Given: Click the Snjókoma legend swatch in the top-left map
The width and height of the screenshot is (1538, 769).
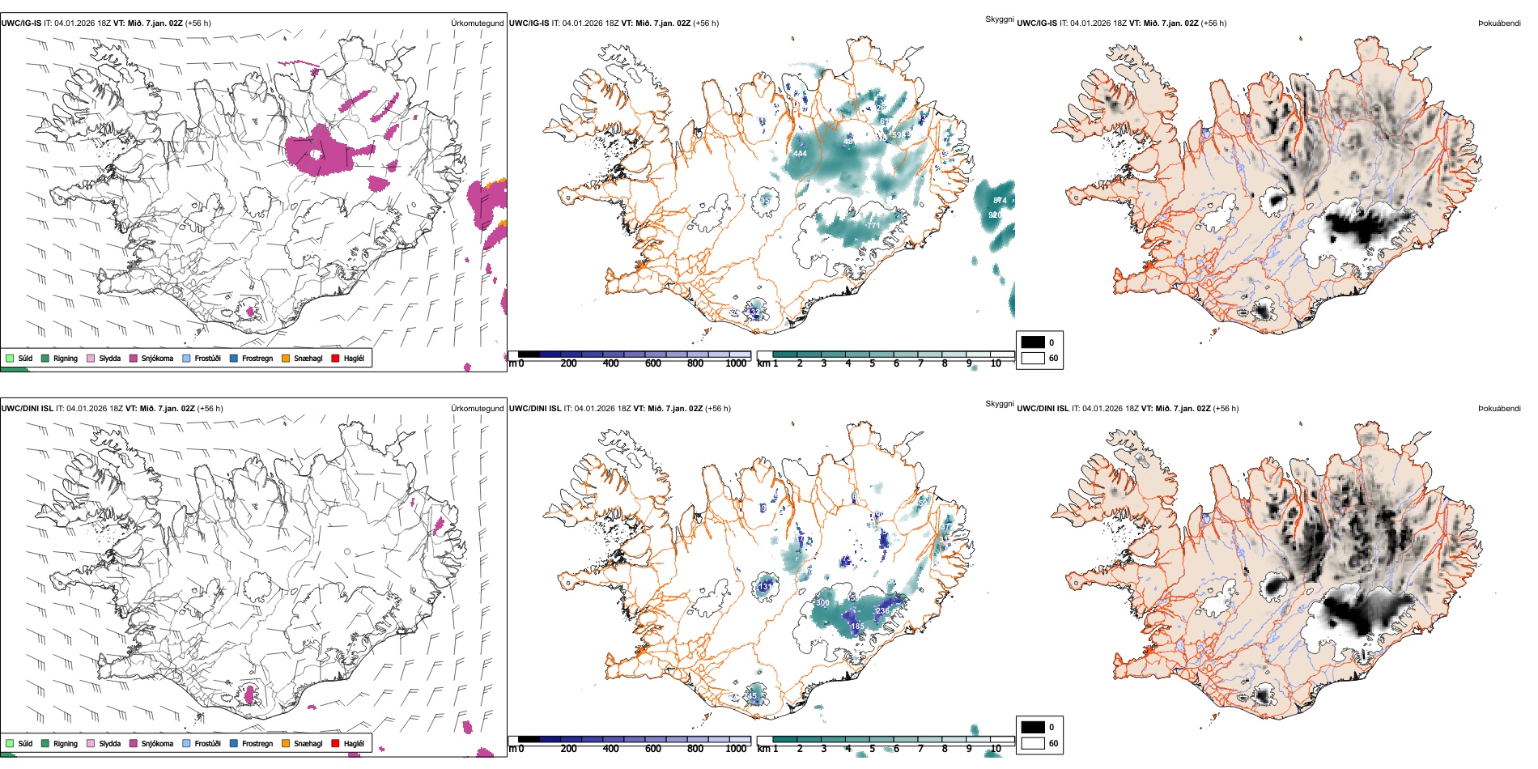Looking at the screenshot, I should pos(134,358).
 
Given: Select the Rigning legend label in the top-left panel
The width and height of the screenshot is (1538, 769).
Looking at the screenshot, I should pos(66,358).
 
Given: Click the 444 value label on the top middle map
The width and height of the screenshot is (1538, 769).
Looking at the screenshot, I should pos(800,154).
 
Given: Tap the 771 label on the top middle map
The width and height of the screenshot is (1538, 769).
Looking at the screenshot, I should pos(872,226).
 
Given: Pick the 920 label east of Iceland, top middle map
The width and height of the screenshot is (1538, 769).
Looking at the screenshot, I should pos(995,215).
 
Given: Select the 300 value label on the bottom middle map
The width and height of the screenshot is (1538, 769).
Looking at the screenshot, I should pos(822,603).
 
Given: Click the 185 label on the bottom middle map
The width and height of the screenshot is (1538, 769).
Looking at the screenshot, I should pos(857,626).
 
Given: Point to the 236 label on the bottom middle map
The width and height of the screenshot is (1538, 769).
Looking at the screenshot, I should pos(882,610).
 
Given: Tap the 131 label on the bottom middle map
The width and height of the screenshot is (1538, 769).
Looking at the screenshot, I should pos(765,586).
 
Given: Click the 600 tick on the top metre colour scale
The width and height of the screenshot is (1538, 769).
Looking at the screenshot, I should pos(652,363).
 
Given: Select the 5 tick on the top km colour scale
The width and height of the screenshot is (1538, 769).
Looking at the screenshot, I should pos(872,363).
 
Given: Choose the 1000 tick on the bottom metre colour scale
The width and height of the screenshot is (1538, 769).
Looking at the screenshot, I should pos(736,749).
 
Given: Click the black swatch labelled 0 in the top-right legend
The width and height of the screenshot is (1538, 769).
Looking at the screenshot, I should pos(1033,342).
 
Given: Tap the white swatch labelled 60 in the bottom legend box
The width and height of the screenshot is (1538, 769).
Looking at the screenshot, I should pos(1033,743).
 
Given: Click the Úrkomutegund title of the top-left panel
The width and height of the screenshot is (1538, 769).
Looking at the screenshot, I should pos(477,23).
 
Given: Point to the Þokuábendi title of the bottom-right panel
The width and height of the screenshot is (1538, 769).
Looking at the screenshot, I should pos(1499,408).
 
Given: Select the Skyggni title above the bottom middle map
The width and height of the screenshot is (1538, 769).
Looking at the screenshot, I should pos(999,403).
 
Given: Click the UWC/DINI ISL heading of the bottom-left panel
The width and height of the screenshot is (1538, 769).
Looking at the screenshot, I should pos(27,408).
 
